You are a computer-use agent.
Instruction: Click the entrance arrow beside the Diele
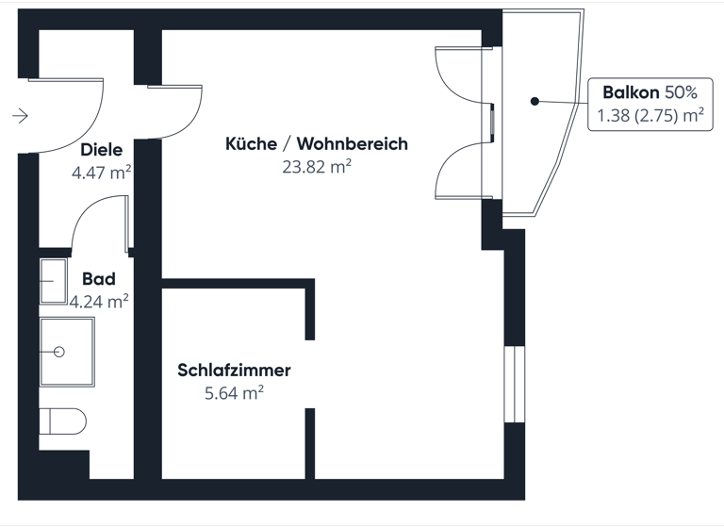coord(20,116)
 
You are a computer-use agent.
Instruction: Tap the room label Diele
coord(102,150)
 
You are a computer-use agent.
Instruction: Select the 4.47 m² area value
coord(101,173)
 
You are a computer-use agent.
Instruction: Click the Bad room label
coord(99,279)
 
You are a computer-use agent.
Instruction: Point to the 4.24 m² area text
coord(99,302)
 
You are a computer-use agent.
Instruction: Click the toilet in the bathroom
coord(62,421)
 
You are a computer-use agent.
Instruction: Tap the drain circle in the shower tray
coord(59,352)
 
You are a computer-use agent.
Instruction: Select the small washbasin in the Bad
coord(53,280)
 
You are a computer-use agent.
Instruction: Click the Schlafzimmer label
coord(234,371)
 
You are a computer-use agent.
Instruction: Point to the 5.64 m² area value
coord(234,393)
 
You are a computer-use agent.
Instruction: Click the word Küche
coord(251,144)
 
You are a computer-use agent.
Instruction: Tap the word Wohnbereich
coord(353,144)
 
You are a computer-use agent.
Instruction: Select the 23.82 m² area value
coord(316,167)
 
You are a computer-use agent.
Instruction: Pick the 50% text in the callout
coord(682,93)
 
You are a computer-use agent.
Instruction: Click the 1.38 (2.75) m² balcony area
coord(651,116)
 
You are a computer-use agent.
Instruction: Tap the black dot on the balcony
coord(534,100)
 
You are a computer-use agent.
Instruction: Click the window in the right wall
coord(514,386)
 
